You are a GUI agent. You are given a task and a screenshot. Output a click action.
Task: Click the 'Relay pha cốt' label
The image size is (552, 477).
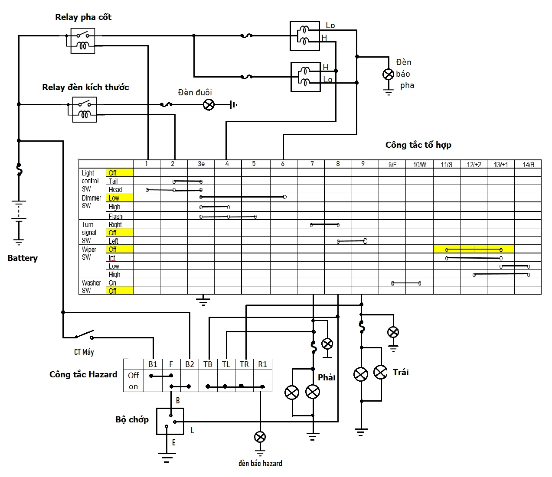[x=83, y=17]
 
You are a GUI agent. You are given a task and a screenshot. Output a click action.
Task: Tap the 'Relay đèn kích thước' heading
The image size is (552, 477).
[x=85, y=87]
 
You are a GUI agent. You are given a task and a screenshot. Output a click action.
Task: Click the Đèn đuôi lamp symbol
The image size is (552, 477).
[x=209, y=104]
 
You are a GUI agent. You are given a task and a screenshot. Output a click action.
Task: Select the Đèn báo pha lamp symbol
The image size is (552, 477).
[x=388, y=74]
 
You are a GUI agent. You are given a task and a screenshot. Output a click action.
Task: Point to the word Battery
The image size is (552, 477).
[x=23, y=258]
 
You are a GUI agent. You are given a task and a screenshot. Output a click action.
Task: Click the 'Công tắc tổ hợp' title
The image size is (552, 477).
[x=418, y=145]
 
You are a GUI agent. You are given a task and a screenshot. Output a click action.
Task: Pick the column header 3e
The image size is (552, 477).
[x=201, y=164]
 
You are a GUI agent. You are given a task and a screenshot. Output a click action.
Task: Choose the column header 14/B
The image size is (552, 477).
[x=528, y=165]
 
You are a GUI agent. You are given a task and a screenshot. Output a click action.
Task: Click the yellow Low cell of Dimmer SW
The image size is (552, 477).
[x=120, y=198]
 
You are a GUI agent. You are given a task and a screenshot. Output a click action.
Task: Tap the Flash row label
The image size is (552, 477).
[x=115, y=216]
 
